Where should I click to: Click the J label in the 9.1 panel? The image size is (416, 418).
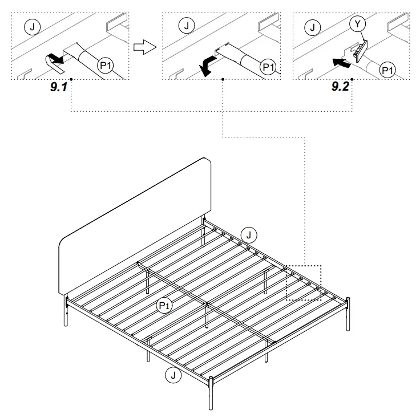(x=32, y=26)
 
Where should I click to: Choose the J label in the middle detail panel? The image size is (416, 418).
(x=185, y=26)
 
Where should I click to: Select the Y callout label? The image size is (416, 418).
(x=356, y=24)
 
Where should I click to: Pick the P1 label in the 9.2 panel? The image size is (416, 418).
(x=387, y=70)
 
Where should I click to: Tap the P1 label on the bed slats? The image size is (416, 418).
(x=164, y=307)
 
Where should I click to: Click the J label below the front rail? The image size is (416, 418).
(x=171, y=375)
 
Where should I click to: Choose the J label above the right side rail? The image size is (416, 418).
(x=248, y=233)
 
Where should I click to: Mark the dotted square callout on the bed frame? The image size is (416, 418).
(x=304, y=282)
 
